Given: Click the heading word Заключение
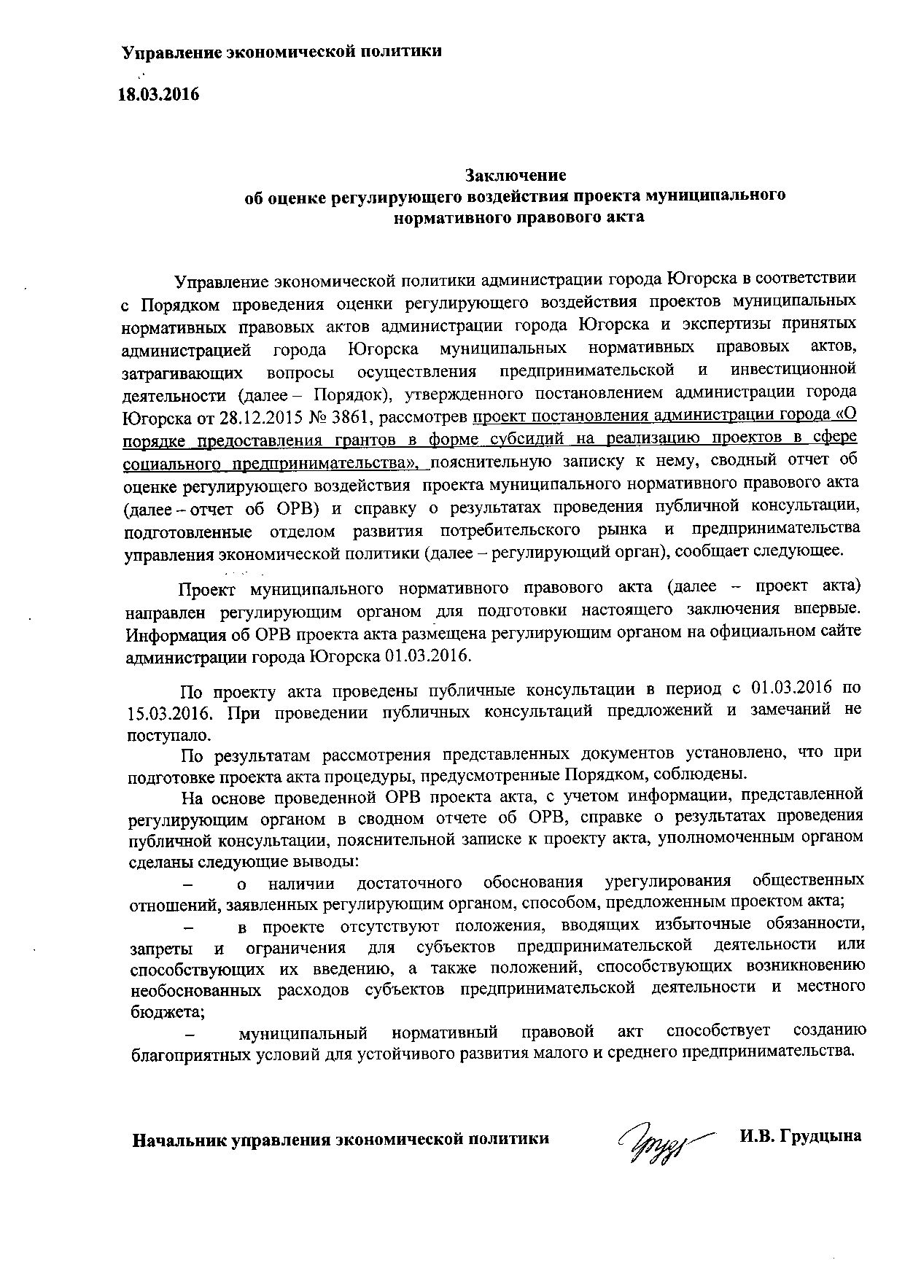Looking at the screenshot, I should [x=516, y=175].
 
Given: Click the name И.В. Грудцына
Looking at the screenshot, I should [x=799, y=1136].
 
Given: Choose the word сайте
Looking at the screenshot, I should [x=841, y=631].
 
